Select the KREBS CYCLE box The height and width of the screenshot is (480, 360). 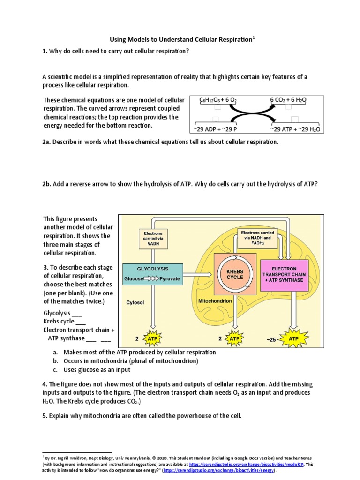pyautogui.click(x=235, y=274)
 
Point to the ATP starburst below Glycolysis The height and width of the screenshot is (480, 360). pyautogui.click(x=152, y=338)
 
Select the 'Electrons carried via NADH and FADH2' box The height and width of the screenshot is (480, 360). pyautogui.click(x=258, y=238)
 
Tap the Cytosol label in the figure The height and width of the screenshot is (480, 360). pyautogui.click(x=135, y=303)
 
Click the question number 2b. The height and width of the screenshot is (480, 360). pyautogui.click(x=48, y=184)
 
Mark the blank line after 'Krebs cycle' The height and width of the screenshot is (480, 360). pyautogui.click(x=80, y=322)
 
